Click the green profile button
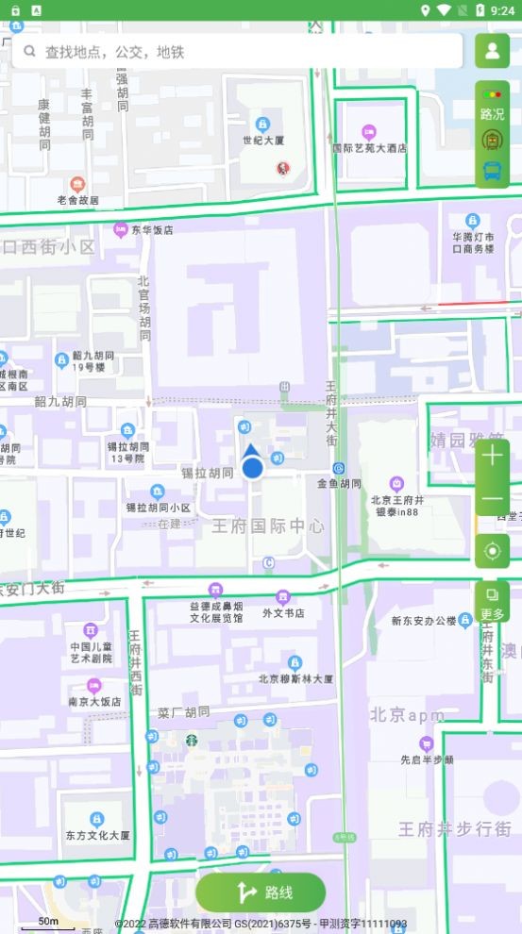(492, 51)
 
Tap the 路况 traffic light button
(492, 103)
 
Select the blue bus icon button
(492, 171)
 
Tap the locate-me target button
(492, 550)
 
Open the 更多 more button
(492, 602)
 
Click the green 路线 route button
(261, 892)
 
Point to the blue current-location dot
(252, 467)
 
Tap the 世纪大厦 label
(262, 141)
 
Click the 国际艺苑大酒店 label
(369, 148)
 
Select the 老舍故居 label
(77, 200)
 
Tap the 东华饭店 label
(152, 229)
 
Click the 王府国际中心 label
(268, 525)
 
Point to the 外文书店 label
(283, 613)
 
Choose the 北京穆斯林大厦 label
(295, 678)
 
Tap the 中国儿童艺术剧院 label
(92, 653)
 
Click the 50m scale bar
(48, 923)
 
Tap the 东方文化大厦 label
(98, 835)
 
